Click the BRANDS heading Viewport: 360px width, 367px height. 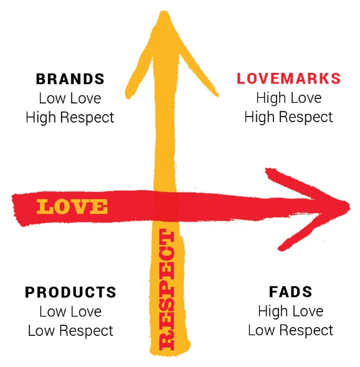pyautogui.click(x=70, y=79)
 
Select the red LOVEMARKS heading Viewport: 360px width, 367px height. pyautogui.click(x=288, y=79)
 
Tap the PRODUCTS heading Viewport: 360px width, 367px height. pyautogui.click(x=70, y=292)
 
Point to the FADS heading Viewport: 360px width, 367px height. pyautogui.click(x=290, y=292)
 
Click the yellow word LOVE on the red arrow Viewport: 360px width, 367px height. pyautogui.click(x=72, y=207)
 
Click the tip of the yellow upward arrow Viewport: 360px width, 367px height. pyautogui.click(x=163, y=11)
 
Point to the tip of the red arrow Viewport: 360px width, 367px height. pyautogui.click(x=349, y=206)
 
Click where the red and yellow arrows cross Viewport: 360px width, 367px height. pyautogui.click(x=165, y=206)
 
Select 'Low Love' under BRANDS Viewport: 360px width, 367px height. pyautogui.click(x=70, y=98)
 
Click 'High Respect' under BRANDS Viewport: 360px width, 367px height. pyautogui.click(x=70, y=118)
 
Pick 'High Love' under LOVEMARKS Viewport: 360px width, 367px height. pyautogui.click(x=288, y=98)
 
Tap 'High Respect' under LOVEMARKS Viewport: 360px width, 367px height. pyautogui.click(x=288, y=117)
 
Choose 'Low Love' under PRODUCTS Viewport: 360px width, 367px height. pyautogui.click(x=70, y=312)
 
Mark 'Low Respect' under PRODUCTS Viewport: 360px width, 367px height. pyautogui.click(x=70, y=331)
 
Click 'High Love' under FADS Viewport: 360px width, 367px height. pyautogui.click(x=291, y=312)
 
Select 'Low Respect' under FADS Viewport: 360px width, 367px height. pyautogui.click(x=291, y=330)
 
